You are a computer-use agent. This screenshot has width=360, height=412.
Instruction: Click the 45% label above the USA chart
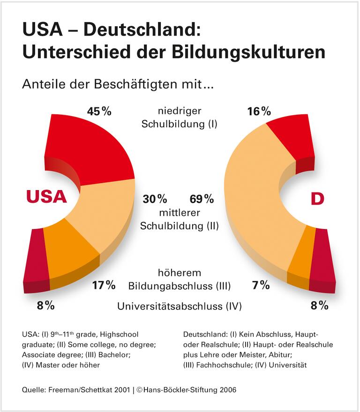pos(99,111)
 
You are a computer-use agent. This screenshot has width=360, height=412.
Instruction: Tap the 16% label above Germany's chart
pos(259,111)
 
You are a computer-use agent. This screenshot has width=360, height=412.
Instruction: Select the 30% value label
pos(155,199)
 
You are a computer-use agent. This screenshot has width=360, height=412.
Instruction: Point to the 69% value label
pos(202,199)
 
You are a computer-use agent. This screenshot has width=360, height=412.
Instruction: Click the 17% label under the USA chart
pos(104,285)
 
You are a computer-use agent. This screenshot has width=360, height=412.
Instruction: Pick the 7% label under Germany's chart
pos(260,285)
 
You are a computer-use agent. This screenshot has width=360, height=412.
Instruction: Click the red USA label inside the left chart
pos(46,197)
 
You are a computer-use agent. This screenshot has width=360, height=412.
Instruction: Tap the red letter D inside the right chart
pos(317,199)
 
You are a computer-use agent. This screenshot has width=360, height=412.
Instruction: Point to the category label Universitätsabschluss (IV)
pos(180,307)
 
